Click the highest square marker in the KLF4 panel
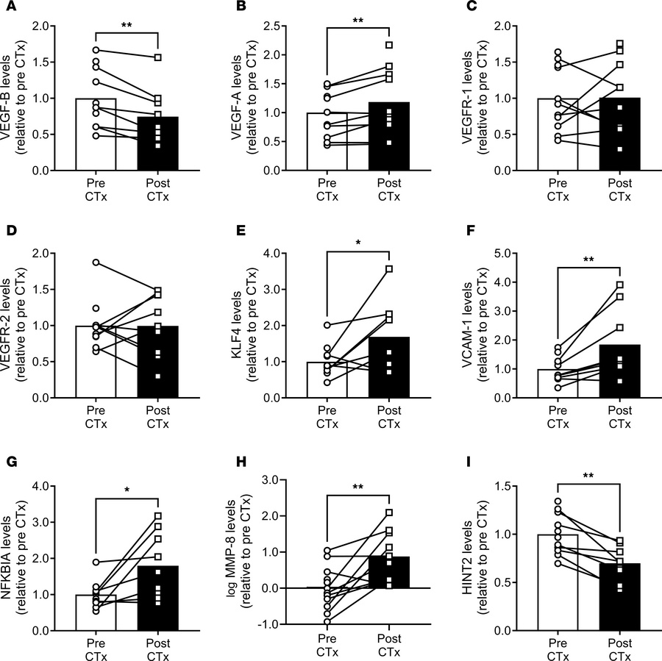[x=389, y=269]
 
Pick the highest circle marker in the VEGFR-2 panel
[x=95, y=262]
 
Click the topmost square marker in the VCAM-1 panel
[x=620, y=285]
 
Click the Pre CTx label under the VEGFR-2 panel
[x=95, y=421]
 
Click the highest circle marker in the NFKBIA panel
[x=95, y=562]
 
